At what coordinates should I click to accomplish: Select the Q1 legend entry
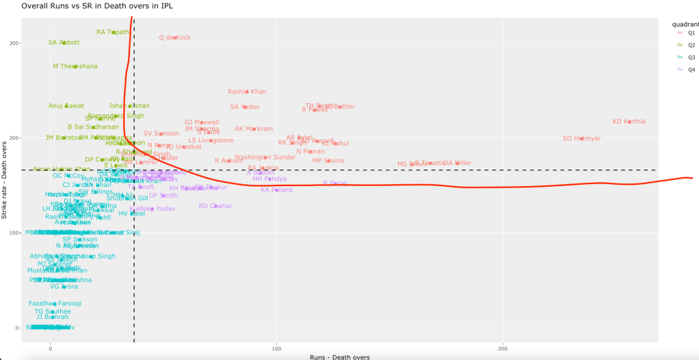coord(691,32)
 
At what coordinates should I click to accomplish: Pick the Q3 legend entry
coord(691,57)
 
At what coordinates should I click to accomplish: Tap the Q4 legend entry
coord(691,69)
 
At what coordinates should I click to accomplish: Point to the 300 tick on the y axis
coord(34,43)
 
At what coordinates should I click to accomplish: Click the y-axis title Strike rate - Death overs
coord(5,179)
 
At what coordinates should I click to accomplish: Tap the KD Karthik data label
coord(629,122)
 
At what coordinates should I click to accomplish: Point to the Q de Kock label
coord(174,38)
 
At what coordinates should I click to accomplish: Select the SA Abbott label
coord(64,42)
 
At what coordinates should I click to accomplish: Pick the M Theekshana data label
coord(75,66)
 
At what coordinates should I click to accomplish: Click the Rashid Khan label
coord(247,92)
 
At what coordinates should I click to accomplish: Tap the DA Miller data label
coord(457,163)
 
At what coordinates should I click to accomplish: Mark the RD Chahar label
coord(215,205)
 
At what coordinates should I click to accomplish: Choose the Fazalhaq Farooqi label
coord(55,303)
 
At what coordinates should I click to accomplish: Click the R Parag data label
coord(335,183)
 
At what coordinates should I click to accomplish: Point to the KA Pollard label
coord(276,190)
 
